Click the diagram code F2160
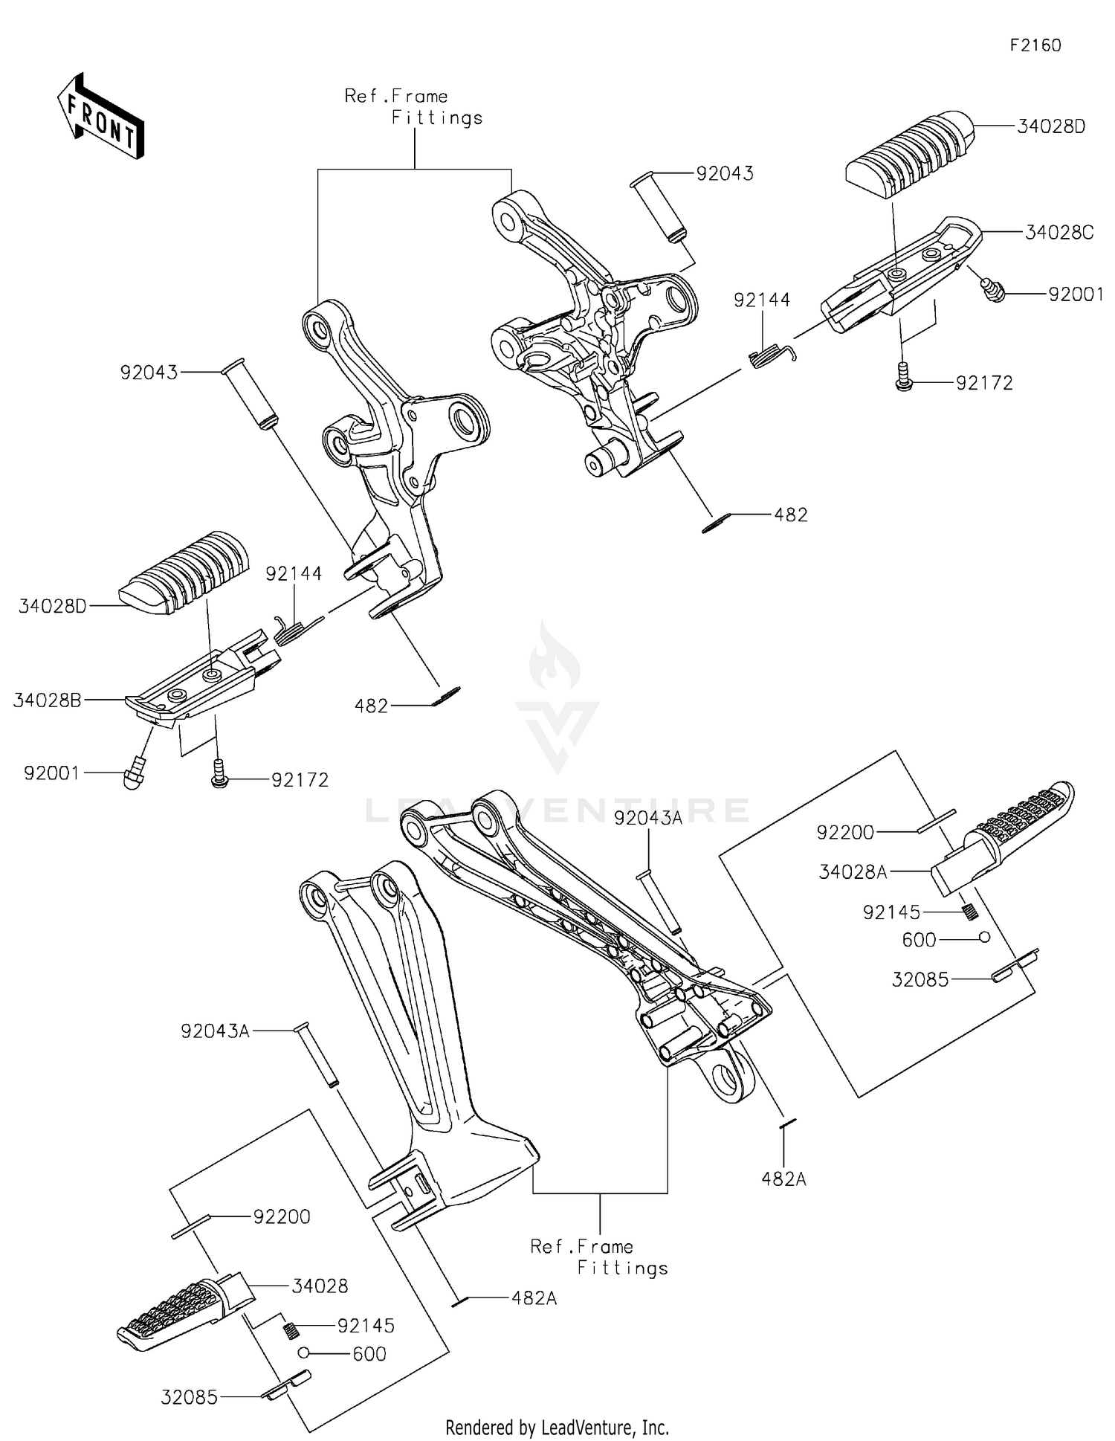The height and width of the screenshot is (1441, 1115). coord(1035,45)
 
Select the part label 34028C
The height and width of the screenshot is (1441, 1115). coord(1059,233)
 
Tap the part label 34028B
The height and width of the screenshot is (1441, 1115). coord(47,700)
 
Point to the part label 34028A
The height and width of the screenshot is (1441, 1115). coord(853,871)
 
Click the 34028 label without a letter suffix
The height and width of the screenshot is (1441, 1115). coord(320,1286)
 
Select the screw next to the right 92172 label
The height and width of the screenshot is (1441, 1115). coord(904,378)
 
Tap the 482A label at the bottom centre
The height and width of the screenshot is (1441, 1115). coord(534,1297)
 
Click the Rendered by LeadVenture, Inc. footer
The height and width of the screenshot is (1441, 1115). coord(557,1427)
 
